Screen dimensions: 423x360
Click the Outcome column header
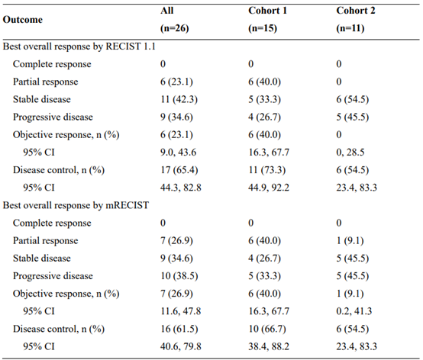tap(23, 20)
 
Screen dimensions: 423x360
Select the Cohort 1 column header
tap(267, 11)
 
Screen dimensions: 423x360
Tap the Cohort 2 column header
tap(356, 11)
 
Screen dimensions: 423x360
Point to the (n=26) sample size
tap(175, 28)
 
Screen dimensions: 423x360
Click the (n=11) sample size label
tap(350, 28)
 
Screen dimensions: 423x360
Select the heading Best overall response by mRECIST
tap(76, 205)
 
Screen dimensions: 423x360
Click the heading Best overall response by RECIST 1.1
tap(79, 47)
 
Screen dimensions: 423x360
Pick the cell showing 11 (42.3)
tap(179, 99)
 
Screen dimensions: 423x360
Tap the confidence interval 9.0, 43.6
tap(179, 153)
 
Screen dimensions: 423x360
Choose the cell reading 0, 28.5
tap(350, 153)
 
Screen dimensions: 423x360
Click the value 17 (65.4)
tap(179, 170)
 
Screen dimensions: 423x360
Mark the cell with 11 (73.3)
tap(267, 170)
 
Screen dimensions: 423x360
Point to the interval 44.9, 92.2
tap(269, 188)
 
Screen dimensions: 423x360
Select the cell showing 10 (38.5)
tap(179, 276)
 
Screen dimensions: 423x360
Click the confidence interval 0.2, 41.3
tap(354, 311)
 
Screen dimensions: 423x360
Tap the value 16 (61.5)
tap(179, 329)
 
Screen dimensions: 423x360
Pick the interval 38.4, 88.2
tap(269, 346)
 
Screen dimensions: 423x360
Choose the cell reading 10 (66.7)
tap(267, 329)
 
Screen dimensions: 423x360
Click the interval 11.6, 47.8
tap(181, 311)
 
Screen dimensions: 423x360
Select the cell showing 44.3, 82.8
tap(181, 188)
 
